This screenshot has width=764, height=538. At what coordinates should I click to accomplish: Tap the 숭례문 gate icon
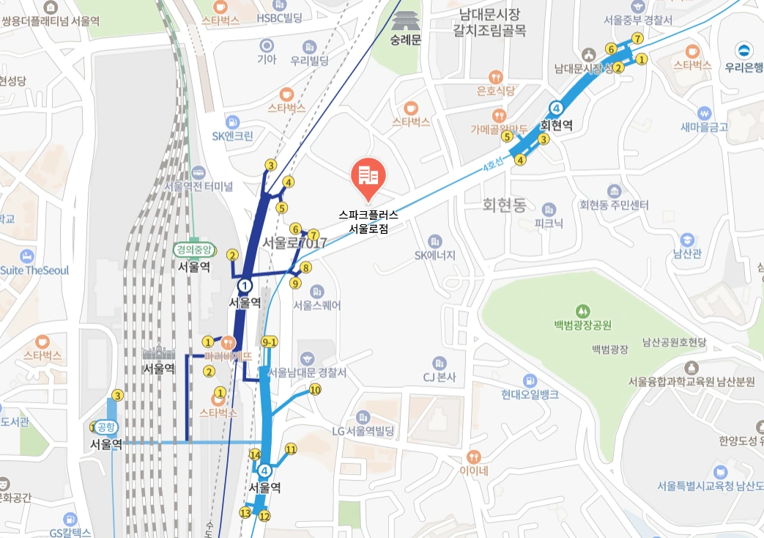coord(405,20)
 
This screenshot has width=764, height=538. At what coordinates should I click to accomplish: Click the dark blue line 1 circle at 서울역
coord(245,285)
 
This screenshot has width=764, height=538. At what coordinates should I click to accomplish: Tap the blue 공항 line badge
coord(106,428)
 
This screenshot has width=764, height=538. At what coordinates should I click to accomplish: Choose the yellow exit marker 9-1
coord(269,342)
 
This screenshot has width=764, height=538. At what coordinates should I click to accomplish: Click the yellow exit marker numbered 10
coord(315,390)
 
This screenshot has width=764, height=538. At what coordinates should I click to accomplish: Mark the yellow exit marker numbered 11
coord(291,449)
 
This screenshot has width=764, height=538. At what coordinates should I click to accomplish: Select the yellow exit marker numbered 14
coord(255,454)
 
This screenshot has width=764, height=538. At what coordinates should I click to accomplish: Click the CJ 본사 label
coord(440,377)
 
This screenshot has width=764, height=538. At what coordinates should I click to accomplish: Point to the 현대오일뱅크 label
coord(530,394)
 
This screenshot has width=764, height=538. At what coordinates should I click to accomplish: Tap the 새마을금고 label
coord(704,127)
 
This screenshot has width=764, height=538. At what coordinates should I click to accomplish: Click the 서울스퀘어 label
coord(316,305)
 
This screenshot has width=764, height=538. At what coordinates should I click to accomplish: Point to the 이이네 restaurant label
coord(474,471)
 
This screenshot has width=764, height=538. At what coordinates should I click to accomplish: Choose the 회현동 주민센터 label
coord(613,204)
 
